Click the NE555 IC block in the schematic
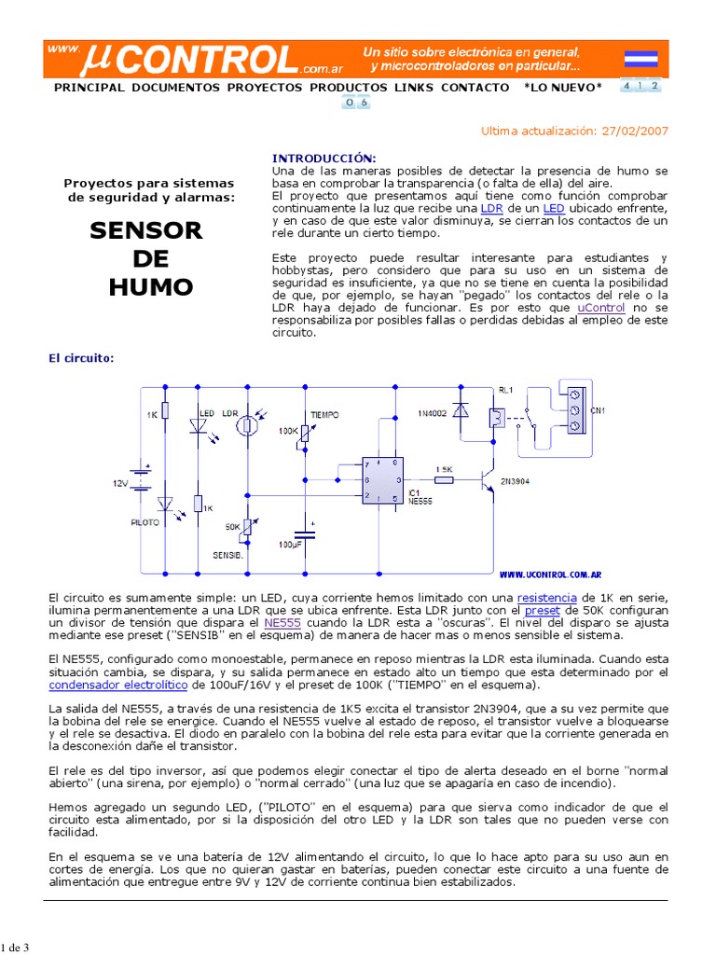pos(382,480)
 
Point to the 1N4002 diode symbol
pos(459,411)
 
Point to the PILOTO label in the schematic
pos(145,523)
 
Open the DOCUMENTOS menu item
pos(176,88)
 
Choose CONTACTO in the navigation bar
pos(475,88)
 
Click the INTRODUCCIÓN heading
pos(323,159)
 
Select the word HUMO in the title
pos(150,286)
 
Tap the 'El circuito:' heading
pos(81,357)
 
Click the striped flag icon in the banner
pos(640,59)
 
